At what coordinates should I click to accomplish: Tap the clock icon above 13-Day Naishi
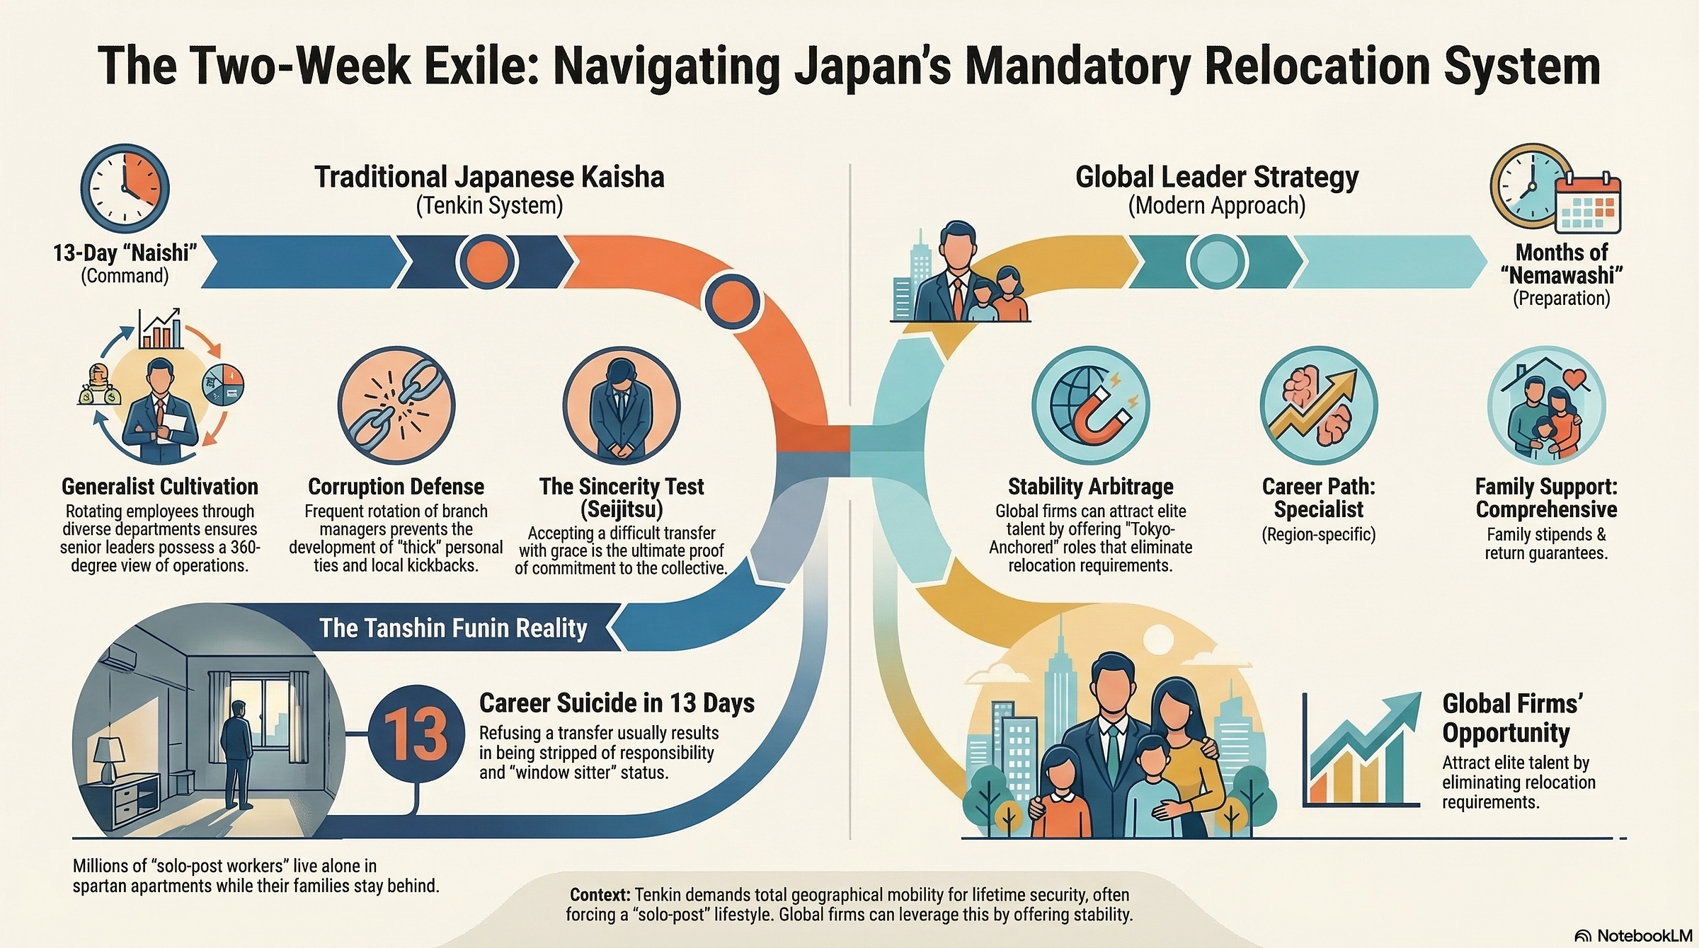pyautogui.click(x=125, y=189)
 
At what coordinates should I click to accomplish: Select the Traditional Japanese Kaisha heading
pyautogui.click(x=489, y=177)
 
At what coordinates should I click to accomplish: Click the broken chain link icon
pyautogui.click(x=396, y=405)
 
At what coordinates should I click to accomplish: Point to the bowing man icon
pyautogui.click(x=621, y=405)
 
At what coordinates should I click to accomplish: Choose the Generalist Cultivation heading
pyautogui.click(x=160, y=487)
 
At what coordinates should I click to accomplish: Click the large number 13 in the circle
pyautogui.click(x=416, y=734)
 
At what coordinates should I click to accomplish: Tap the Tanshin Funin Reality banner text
pyautogui.click(x=453, y=628)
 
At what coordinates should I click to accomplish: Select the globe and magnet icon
pyautogui.click(x=1090, y=405)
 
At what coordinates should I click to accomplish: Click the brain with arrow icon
pyautogui.click(x=1319, y=405)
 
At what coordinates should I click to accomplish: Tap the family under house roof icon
pyautogui.click(x=1546, y=405)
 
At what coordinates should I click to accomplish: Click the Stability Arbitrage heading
pyautogui.click(x=1090, y=487)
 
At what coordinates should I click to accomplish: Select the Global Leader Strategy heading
pyautogui.click(x=1217, y=177)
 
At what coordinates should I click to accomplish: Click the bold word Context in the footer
pyautogui.click(x=600, y=895)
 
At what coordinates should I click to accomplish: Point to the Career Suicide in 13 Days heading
pyautogui.click(x=617, y=703)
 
